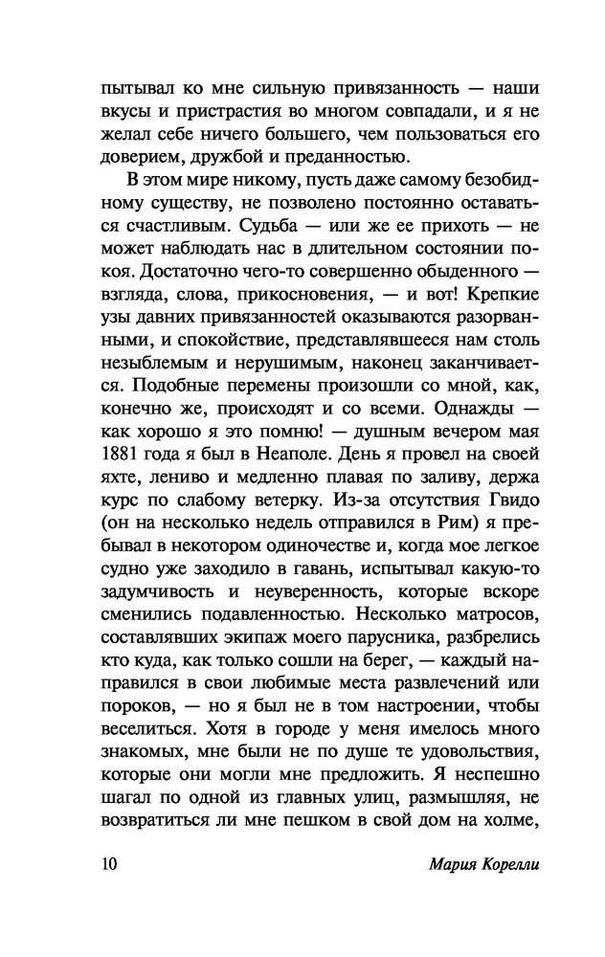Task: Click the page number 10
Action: pos(108,867)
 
